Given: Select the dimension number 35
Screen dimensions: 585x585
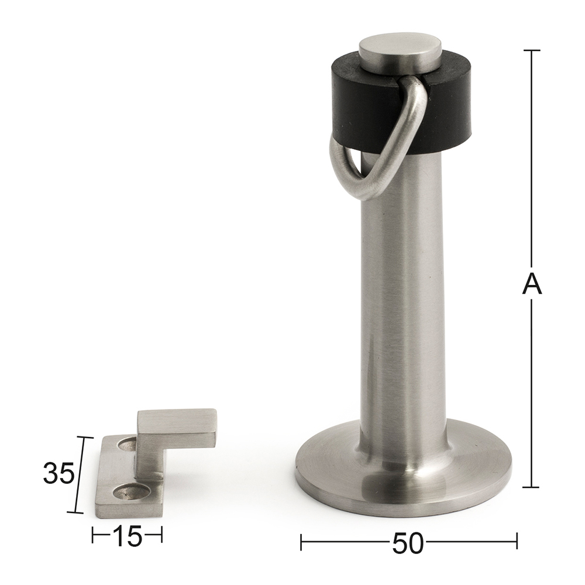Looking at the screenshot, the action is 58,473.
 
